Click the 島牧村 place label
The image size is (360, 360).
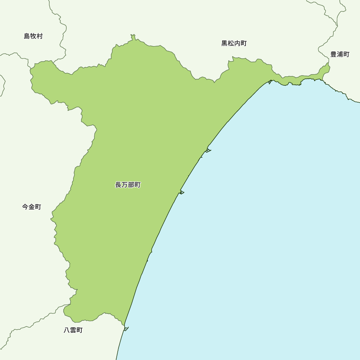33,36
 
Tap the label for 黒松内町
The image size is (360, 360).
234,44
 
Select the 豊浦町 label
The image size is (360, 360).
340,54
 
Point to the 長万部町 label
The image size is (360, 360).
128,185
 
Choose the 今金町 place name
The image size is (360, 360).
32,207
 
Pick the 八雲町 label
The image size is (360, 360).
73,330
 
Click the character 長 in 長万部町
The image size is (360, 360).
118,185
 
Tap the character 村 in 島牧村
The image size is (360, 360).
40,36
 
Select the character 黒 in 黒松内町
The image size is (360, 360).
224,44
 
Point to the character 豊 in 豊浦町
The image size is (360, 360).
333,54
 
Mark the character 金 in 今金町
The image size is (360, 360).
32,207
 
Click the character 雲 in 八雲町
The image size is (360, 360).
73,330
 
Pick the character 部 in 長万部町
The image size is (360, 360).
131,185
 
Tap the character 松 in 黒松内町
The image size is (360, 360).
231,44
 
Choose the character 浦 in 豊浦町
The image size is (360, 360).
340,54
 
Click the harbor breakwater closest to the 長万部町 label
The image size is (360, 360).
181,192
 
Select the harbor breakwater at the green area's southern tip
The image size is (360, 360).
126,329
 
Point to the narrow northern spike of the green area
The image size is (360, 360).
133,37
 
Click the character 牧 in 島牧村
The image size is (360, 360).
33,36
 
